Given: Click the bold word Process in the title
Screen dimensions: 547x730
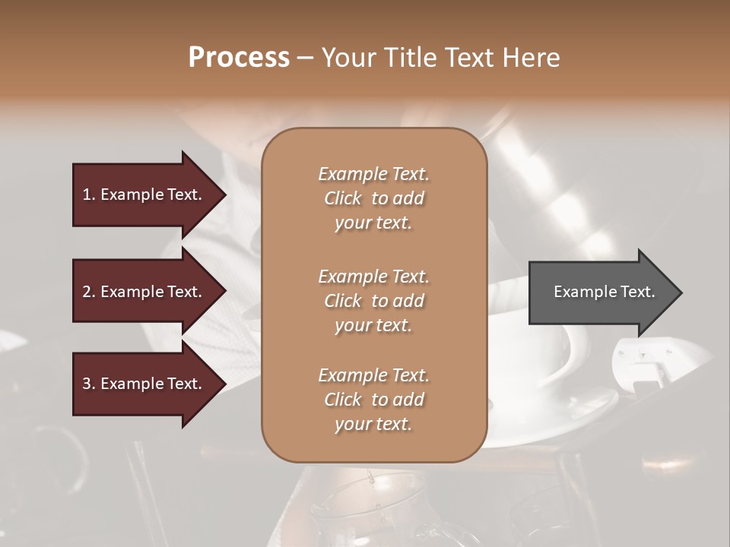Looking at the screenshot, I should pyautogui.click(x=239, y=58).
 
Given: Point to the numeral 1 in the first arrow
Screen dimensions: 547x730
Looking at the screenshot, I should pyautogui.click(x=87, y=194).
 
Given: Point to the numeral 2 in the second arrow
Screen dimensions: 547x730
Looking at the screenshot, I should pyautogui.click(x=87, y=292).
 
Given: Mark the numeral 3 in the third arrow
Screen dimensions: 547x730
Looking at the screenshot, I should pyautogui.click(x=87, y=384).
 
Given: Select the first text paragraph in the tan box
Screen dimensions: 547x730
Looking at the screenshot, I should pyautogui.click(x=373, y=198).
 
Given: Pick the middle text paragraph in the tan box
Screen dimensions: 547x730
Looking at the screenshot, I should pyautogui.click(x=373, y=300).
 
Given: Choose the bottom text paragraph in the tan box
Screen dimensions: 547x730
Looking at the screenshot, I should pyautogui.click(x=373, y=400).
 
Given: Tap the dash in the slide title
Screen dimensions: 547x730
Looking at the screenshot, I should pyautogui.click(x=306, y=58).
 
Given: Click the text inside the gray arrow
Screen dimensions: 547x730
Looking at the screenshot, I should pyautogui.click(x=604, y=292).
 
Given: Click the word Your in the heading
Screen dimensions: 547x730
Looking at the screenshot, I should pyautogui.click(x=347, y=58).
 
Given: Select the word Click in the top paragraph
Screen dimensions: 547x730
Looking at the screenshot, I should pyautogui.click(x=343, y=198).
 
